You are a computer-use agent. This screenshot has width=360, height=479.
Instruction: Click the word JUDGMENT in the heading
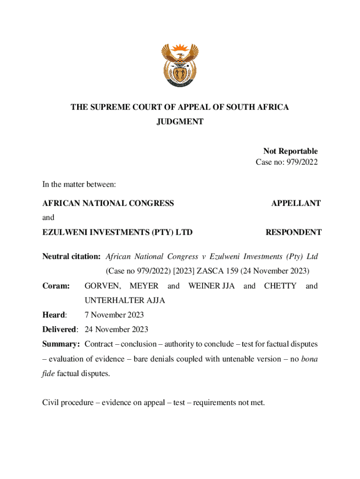click(180, 122)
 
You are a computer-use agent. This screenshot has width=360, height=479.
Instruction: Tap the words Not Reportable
click(290, 151)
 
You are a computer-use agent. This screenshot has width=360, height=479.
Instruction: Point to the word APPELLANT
click(296, 203)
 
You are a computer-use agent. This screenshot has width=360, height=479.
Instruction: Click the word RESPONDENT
click(293, 232)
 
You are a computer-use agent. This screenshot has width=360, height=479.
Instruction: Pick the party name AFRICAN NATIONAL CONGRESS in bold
click(108, 203)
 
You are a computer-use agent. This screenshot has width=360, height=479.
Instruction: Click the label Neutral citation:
click(72, 256)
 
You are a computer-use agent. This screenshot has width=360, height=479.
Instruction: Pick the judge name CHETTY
click(280, 286)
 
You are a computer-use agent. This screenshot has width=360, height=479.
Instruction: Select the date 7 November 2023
click(114, 315)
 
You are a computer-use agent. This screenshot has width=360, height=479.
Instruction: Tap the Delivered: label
click(61, 329)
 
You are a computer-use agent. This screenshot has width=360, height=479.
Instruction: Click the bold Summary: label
click(61, 344)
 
